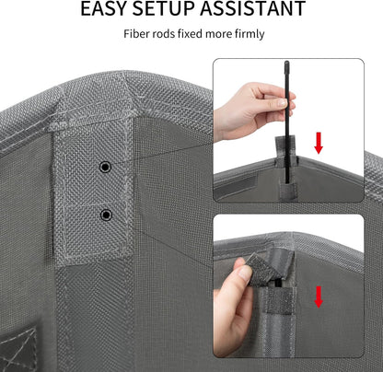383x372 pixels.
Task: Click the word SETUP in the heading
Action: tap(163, 8)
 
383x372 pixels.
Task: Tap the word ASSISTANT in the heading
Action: tap(252, 8)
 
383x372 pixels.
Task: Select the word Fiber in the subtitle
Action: tap(132, 33)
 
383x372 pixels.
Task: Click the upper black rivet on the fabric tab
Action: tap(105, 168)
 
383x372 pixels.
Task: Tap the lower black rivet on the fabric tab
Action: tap(106, 215)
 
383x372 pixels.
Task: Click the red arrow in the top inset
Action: tap(319, 143)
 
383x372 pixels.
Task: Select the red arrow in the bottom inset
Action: tap(319, 296)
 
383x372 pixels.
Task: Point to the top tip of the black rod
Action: tap(286, 62)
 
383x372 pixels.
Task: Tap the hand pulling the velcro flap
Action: tap(233, 304)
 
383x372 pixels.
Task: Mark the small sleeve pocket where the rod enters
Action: tap(287, 190)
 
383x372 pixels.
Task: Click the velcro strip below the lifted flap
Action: tap(281, 301)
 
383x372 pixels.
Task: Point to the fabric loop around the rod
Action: tap(285, 147)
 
